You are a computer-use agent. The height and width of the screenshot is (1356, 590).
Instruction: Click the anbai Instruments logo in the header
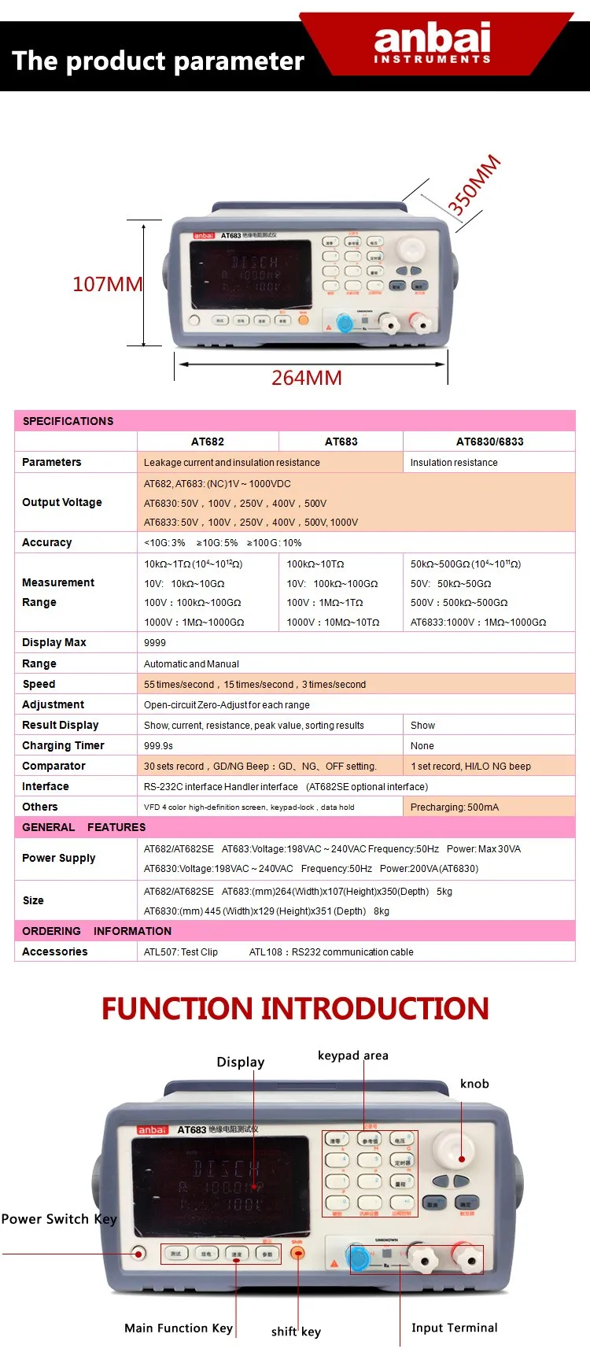pyautogui.click(x=432, y=43)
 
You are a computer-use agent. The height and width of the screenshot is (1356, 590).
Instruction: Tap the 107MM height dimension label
pyautogui.click(x=107, y=284)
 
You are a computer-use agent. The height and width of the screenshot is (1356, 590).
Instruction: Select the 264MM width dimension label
pyautogui.click(x=306, y=378)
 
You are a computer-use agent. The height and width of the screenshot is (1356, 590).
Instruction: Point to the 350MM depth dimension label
pyautogui.click(x=474, y=186)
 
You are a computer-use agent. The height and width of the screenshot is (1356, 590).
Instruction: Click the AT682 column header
pyautogui.click(x=208, y=442)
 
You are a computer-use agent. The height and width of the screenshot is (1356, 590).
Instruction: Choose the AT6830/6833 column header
pyautogui.click(x=489, y=442)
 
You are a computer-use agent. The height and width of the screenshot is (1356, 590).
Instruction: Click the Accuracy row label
pyautogui.click(x=47, y=542)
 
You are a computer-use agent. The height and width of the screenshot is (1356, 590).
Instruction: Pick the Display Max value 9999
pyautogui.click(x=155, y=643)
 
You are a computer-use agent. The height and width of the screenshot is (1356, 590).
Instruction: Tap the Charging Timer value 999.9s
pyautogui.click(x=158, y=745)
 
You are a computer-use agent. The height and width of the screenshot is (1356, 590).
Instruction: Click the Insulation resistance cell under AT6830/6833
pyautogui.click(x=454, y=463)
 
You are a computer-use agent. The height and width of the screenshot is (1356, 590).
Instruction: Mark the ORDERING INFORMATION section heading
pyautogui.click(x=97, y=931)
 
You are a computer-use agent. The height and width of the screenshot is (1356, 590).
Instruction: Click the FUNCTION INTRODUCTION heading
pyautogui.click(x=295, y=1008)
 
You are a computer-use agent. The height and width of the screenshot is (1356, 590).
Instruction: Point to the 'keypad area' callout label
pyautogui.click(x=352, y=1055)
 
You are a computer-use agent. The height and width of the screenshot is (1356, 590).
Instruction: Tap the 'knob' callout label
pyautogui.click(x=474, y=1084)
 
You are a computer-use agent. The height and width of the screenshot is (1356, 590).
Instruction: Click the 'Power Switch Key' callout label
pyautogui.click(x=59, y=1219)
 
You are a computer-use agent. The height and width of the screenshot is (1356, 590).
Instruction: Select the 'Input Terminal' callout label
pyautogui.click(x=454, y=1328)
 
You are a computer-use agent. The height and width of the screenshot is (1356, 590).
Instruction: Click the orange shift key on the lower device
pyautogui.click(x=297, y=1253)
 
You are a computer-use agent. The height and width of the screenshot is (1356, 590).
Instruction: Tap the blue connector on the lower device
pyautogui.click(x=358, y=1258)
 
